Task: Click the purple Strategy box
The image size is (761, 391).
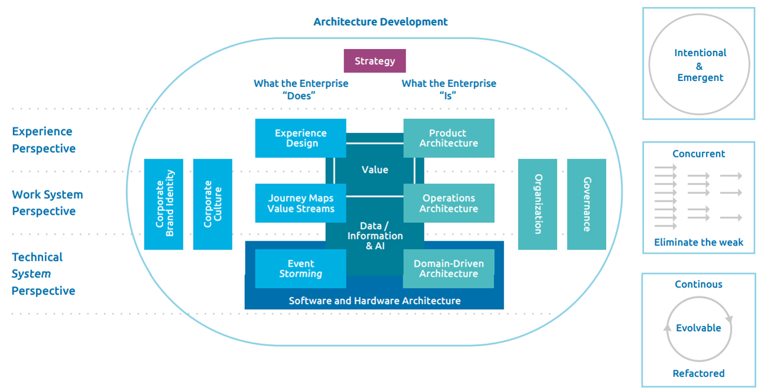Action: [375, 61]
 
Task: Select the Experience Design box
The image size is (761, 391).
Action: [300, 138]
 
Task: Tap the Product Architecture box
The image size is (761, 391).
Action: [449, 138]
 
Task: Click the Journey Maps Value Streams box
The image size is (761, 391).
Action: [300, 203]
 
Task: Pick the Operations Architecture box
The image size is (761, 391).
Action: [449, 203]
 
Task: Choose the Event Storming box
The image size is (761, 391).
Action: [300, 269]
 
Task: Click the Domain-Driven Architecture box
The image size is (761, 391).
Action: [449, 269]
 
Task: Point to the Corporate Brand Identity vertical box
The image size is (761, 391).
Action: [164, 204]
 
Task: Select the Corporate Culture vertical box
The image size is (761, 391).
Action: [213, 204]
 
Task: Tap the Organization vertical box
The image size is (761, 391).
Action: [537, 204]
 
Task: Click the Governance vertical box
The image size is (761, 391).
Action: [587, 204]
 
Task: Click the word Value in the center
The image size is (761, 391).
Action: [375, 170]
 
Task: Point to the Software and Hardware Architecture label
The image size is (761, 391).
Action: [374, 300]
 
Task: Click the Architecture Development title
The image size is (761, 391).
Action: [380, 22]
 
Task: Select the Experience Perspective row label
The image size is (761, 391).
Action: [44, 140]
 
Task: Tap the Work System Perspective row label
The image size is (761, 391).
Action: [47, 203]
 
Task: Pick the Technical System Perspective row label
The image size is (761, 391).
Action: [43, 274]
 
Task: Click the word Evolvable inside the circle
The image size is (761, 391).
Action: [698, 328]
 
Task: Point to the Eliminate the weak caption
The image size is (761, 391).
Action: [698, 243]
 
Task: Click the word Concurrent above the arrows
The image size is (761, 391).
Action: [698, 154]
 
